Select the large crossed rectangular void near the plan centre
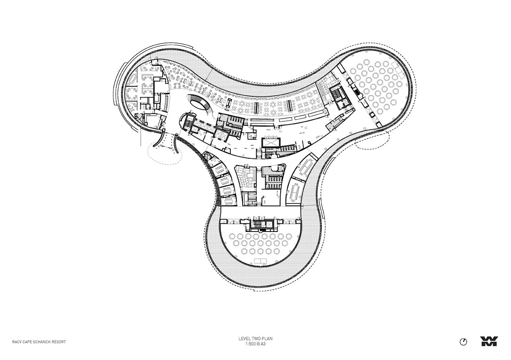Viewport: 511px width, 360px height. (271, 143)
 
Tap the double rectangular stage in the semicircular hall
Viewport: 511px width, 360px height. (261, 261)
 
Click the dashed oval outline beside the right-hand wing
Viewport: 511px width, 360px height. (372, 140)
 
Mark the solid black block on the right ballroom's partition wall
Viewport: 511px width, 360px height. (356, 92)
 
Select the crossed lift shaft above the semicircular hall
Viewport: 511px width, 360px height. (269, 225)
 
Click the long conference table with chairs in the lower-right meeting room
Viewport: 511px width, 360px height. (296, 192)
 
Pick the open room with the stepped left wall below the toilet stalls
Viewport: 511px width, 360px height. (271, 197)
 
